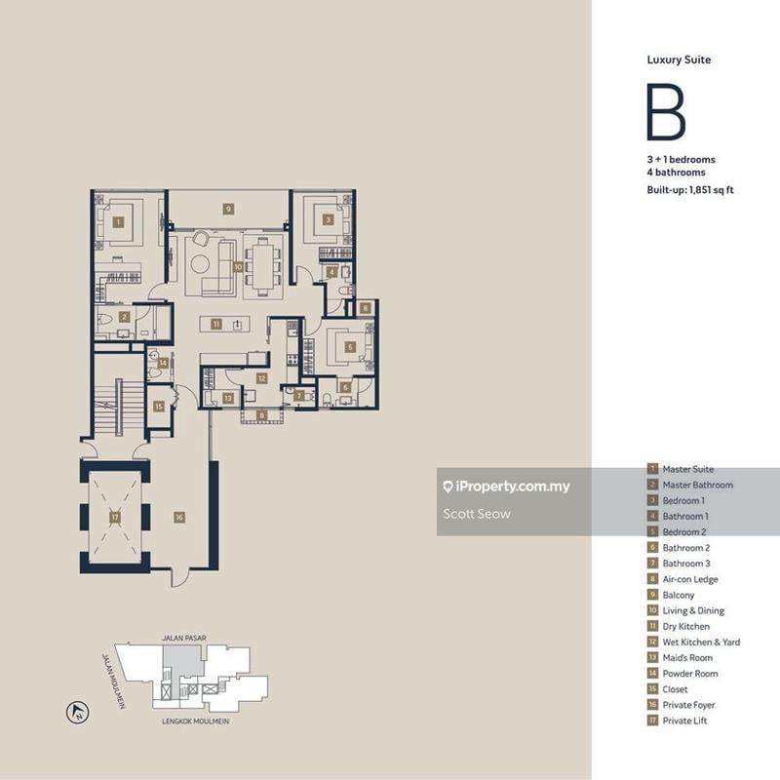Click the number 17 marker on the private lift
click(x=114, y=518)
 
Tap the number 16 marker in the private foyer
click(x=178, y=518)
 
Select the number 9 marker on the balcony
click(x=227, y=209)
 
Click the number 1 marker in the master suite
click(x=118, y=222)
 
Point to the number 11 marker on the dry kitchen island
click(x=216, y=324)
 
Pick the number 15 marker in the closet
click(x=159, y=406)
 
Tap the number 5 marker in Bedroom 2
click(x=349, y=346)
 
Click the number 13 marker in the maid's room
click(x=227, y=398)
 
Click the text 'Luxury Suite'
click(x=679, y=59)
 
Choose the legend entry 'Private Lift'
click(x=684, y=721)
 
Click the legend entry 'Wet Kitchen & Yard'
click(x=701, y=642)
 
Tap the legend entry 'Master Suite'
click(x=687, y=469)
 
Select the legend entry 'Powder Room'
click(x=689, y=673)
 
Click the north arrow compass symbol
click(x=75, y=713)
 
